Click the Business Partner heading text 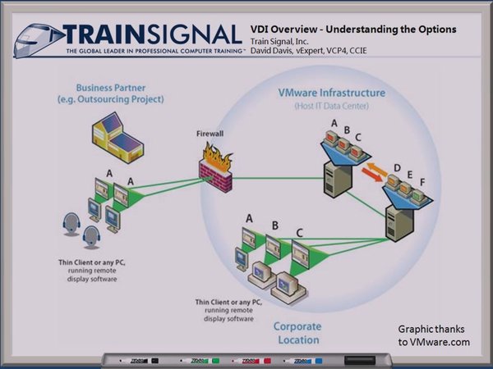click(x=120, y=93)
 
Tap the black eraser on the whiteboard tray click(x=358, y=360)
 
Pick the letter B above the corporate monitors click(x=274, y=224)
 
